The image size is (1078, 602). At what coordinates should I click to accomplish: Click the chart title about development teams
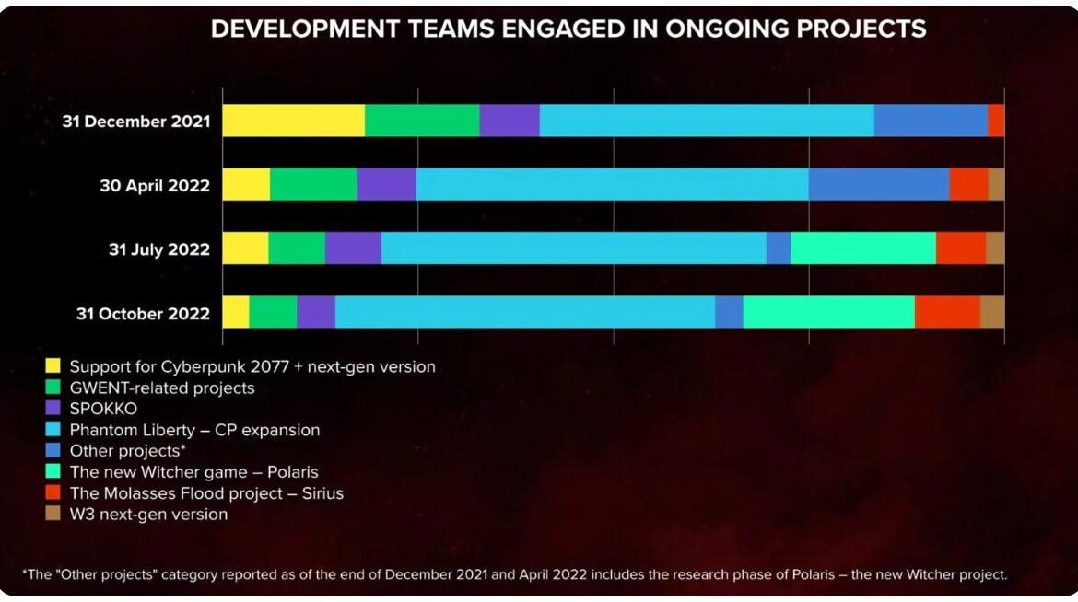tap(568, 29)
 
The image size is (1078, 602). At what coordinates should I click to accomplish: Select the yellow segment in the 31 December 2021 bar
tap(294, 121)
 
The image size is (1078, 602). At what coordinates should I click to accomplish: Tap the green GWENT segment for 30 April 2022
tap(313, 184)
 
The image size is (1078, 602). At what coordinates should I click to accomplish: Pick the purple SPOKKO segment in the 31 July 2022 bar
tap(353, 249)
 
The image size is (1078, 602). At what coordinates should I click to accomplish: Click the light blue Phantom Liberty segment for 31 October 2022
tap(524, 312)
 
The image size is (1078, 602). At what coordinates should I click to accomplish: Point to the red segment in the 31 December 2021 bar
tap(996, 121)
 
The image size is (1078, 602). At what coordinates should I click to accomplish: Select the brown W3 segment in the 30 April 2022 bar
tap(996, 184)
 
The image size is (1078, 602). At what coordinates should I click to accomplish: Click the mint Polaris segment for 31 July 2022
tap(863, 249)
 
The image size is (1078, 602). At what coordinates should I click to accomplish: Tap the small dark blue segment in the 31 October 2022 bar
tap(729, 312)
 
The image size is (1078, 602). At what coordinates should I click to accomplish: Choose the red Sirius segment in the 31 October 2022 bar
tap(947, 312)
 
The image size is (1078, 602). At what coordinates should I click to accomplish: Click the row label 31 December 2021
tap(136, 122)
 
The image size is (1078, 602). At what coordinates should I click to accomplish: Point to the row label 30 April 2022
tap(155, 186)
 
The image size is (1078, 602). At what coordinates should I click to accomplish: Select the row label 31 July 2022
tap(158, 249)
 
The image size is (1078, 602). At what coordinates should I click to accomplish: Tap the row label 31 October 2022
tap(143, 314)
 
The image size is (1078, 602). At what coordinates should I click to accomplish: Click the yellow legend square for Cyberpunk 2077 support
tap(53, 366)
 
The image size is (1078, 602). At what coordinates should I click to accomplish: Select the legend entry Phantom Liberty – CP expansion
tap(194, 430)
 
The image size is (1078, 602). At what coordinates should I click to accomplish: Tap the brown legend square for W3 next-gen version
tap(53, 514)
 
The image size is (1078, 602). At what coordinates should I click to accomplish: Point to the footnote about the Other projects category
tap(515, 574)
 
